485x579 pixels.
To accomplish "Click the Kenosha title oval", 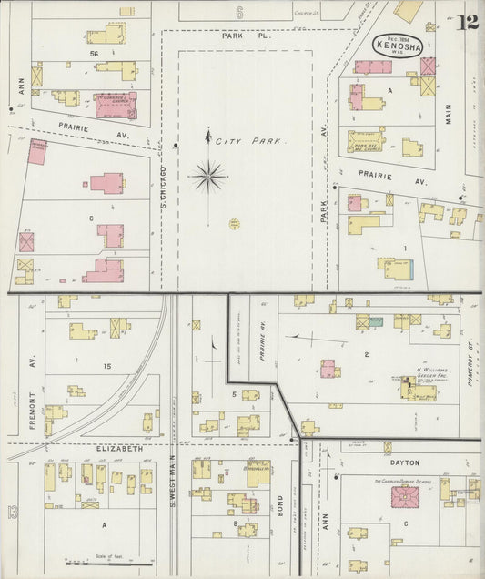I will point(397,46).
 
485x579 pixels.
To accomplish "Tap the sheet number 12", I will point(469,23).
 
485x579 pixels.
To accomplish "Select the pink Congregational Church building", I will point(116,105).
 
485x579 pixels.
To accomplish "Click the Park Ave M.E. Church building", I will point(365,140).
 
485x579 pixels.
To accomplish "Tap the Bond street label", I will point(280,504).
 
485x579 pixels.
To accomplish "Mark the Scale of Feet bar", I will point(110,564).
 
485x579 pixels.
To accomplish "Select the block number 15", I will point(106,366).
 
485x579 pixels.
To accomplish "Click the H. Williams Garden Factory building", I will point(419,391).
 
